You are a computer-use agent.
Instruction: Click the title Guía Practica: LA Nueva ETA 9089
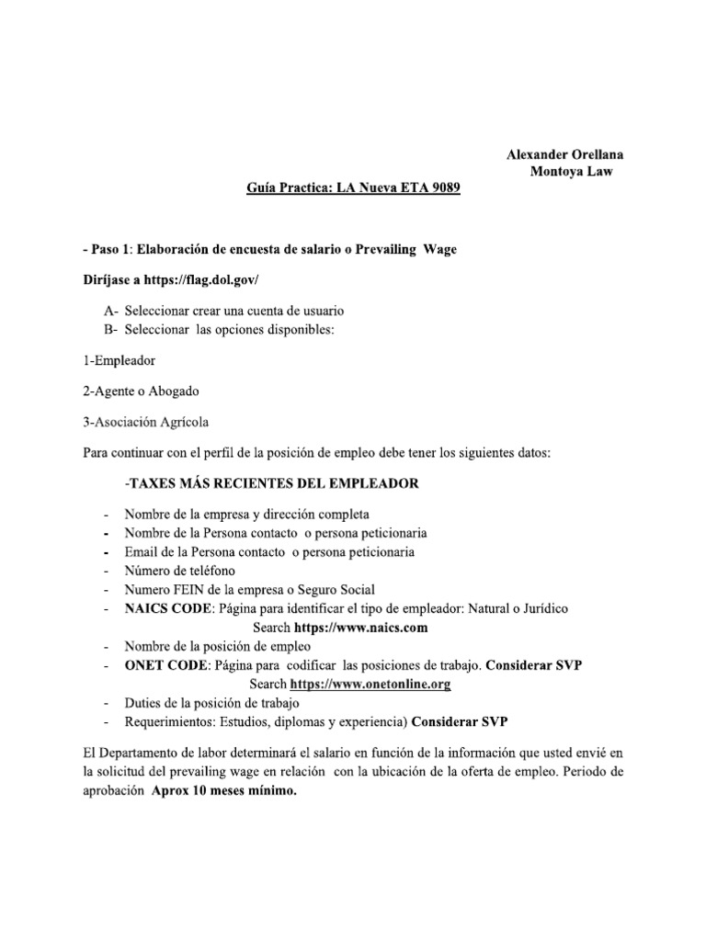coord(352,188)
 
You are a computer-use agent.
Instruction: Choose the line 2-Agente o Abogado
coord(140,391)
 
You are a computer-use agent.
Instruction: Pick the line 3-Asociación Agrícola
coord(145,422)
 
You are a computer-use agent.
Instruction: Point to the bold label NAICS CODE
coord(162,608)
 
